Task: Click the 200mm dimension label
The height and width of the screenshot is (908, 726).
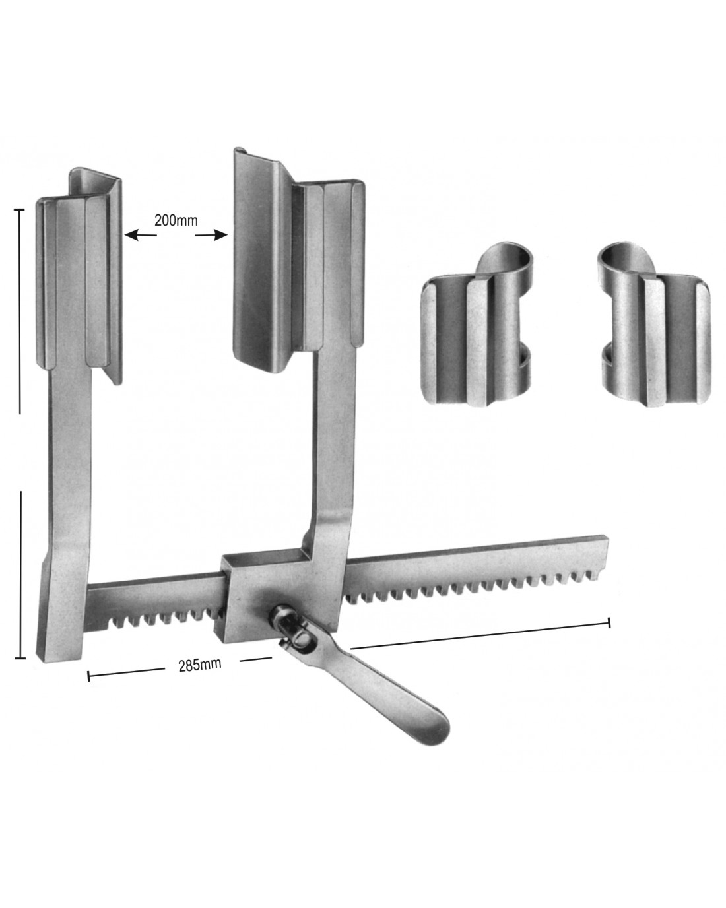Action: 176,220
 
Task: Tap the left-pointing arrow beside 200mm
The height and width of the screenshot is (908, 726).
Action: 141,235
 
